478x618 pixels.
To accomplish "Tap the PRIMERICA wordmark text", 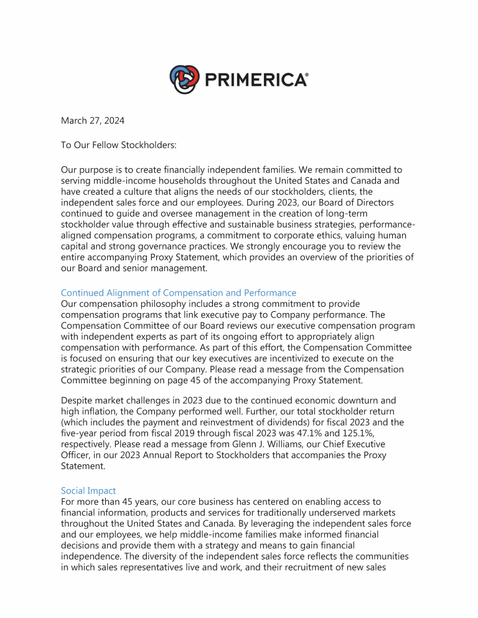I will point(255,80).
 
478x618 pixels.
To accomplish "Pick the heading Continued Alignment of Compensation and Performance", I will point(178,293).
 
